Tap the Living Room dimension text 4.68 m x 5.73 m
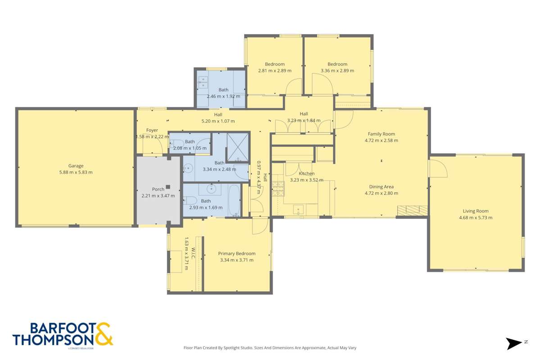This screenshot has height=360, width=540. pyautogui.click(x=476, y=218)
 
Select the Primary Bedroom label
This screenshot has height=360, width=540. pyautogui.click(x=236, y=253)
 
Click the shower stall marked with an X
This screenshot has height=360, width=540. pyautogui.click(x=237, y=147)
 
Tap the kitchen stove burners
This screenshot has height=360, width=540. pyautogui.click(x=278, y=189)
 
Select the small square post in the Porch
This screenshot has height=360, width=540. pyautogui.click(x=168, y=187)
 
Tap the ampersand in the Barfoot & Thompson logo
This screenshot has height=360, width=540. pyautogui.click(x=103, y=334)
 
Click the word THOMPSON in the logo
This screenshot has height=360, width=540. pyautogui.click(x=53, y=339)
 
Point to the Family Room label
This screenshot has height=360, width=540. pyautogui.click(x=381, y=134)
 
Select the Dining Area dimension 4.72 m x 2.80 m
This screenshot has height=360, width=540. pyautogui.click(x=381, y=193)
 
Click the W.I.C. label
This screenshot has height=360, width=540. pyautogui.click(x=192, y=253)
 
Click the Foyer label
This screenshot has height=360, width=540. pyautogui.click(x=152, y=130)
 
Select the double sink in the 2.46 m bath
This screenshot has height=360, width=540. pyautogui.click(x=203, y=82)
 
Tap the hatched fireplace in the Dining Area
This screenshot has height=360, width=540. pyautogui.click(x=412, y=210)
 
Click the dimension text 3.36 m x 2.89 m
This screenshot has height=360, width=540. pyautogui.click(x=337, y=71)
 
